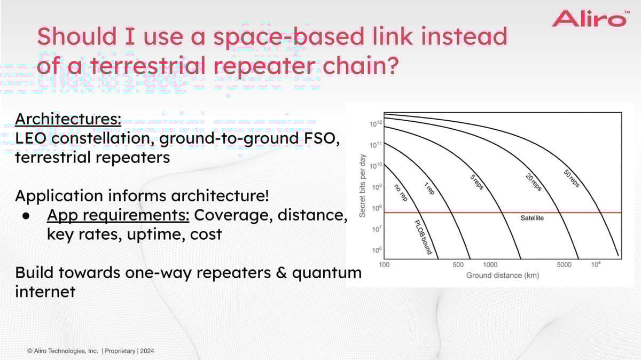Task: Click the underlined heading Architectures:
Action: [x=68, y=119]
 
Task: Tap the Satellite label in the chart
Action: [x=531, y=218]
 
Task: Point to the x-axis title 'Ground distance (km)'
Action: [x=502, y=276]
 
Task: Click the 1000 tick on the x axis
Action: [x=490, y=265]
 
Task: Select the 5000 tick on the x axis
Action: [x=564, y=265]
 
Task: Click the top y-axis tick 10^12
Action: [x=376, y=124]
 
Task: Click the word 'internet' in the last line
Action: [x=45, y=292]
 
